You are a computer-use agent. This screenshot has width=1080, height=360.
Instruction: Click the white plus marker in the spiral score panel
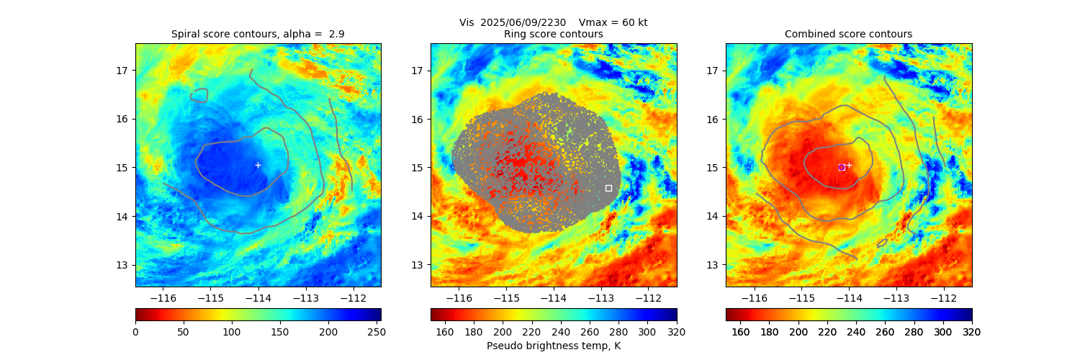pos(258,165)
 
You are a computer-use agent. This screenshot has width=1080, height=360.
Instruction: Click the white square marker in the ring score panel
pos(608,188)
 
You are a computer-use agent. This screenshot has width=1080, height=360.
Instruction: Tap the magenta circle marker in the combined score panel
pos(842,167)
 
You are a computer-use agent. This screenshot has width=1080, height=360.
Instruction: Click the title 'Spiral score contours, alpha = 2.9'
pos(258,35)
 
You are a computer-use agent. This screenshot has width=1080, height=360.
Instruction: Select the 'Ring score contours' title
pos(553,35)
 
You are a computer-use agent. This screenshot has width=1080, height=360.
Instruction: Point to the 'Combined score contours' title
pos(848,35)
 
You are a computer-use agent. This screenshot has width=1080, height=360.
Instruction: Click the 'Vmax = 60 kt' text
pos(613,22)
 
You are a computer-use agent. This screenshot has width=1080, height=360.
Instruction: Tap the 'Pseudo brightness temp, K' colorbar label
pos(553,346)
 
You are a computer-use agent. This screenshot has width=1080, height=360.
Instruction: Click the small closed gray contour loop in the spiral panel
pos(199,95)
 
